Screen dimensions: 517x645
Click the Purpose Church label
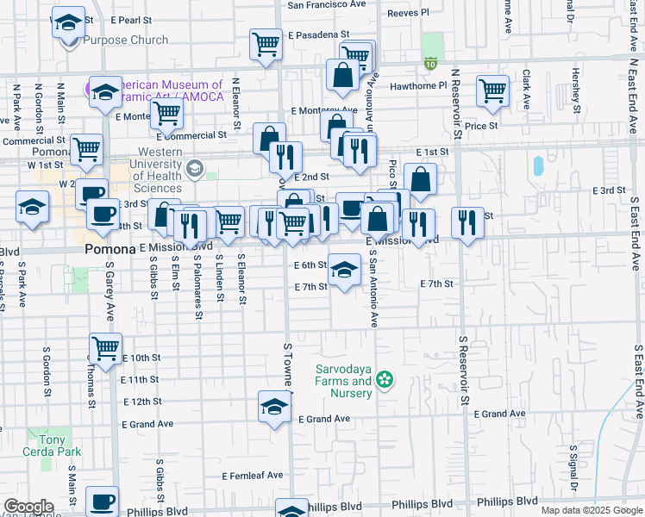[x=114, y=40]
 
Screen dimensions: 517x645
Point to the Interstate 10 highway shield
[x=430, y=63]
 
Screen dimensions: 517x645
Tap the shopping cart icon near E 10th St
[x=105, y=349]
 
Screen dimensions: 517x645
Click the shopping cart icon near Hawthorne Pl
[x=492, y=90]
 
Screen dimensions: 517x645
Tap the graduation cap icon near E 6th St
[x=344, y=269]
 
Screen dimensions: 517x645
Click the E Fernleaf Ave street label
[x=253, y=476]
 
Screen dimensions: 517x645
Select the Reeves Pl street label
[x=408, y=13]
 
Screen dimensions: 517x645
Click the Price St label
[x=481, y=126]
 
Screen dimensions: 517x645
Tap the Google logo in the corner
[x=28, y=507]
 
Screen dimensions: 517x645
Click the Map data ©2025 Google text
[x=591, y=510]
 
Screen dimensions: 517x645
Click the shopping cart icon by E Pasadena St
[x=267, y=42]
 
